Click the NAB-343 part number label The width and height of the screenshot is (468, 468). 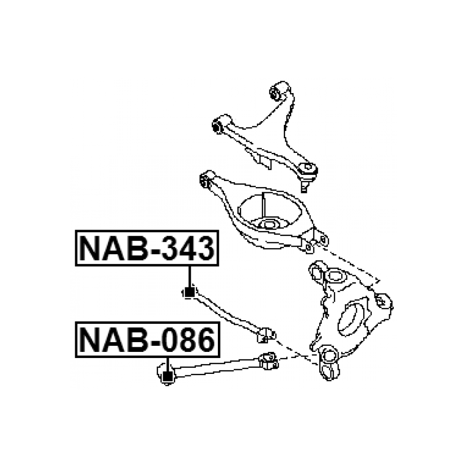coord(147,248)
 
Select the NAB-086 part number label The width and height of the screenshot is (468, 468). coord(147,340)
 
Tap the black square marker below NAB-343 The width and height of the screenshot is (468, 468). coord(189,292)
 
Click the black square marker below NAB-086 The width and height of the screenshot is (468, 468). coord(168,376)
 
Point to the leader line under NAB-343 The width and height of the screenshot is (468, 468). coord(189,277)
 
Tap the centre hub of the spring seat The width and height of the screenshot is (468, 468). coord(267,224)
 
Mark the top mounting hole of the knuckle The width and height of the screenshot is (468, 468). coord(334,276)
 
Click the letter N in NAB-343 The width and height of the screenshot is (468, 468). coord(92,249)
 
